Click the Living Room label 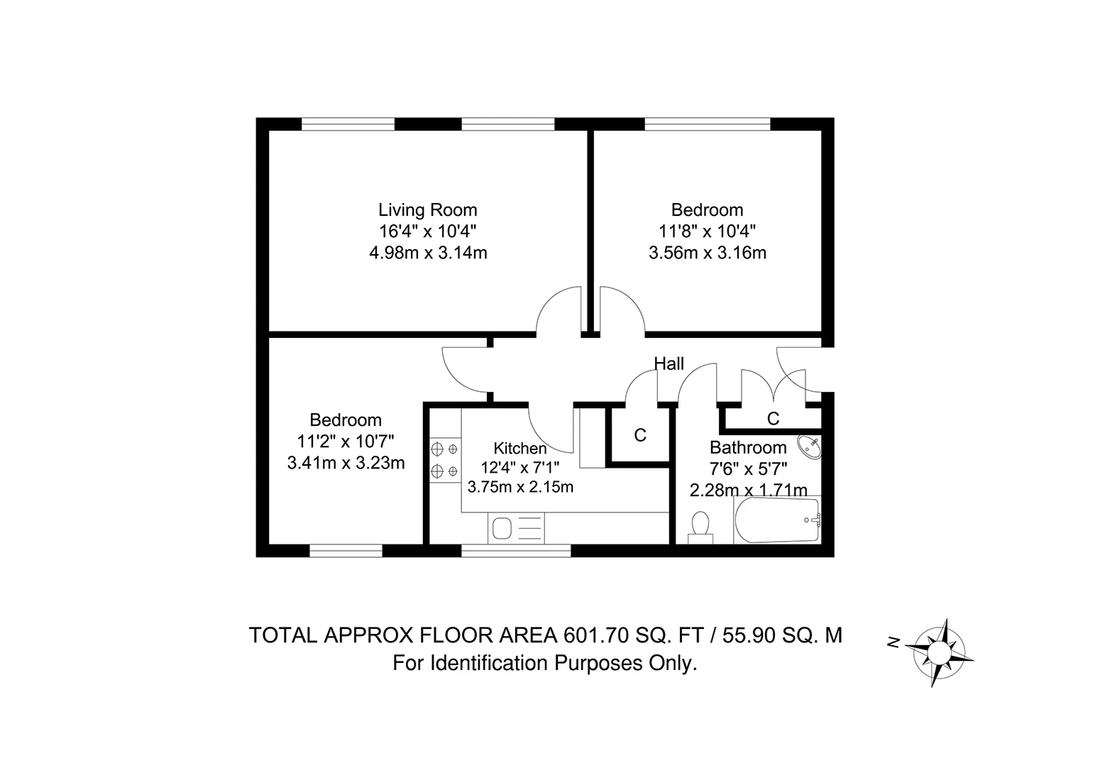point(427,210)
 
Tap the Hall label point(669,364)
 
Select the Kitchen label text point(520,449)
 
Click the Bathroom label point(748,448)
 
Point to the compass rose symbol point(941,652)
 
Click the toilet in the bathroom point(700,527)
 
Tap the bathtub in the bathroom point(777,520)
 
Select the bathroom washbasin point(809,447)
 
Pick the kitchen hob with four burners point(444,459)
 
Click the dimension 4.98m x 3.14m point(428,253)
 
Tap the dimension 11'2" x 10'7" point(346,442)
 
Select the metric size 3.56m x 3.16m point(707,253)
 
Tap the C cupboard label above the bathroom point(773,419)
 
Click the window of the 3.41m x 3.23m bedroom point(346,551)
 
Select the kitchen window point(516,551)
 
